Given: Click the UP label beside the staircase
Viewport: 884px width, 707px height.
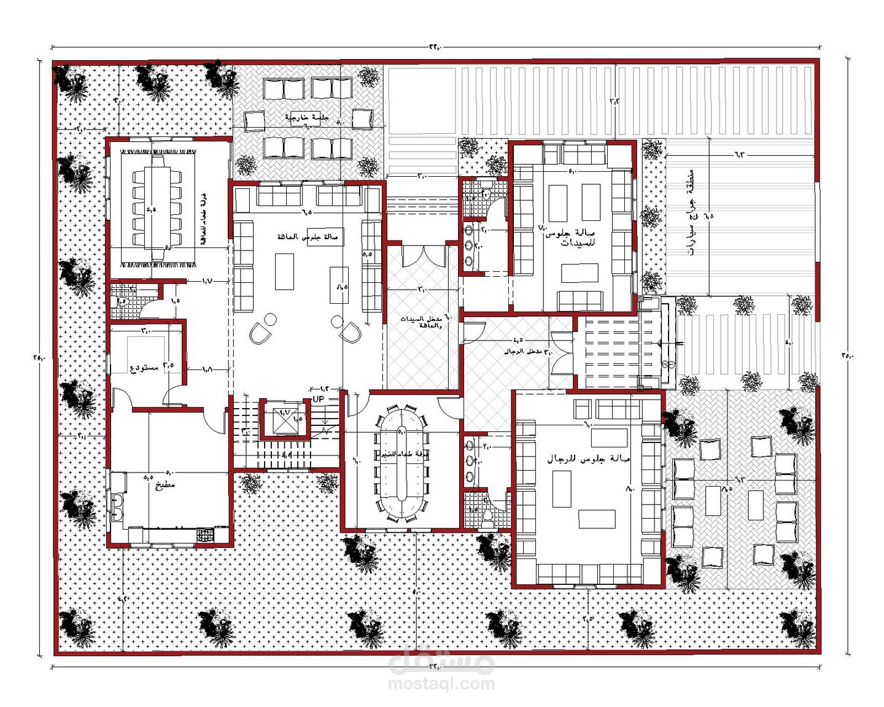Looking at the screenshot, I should [x=319, y=399].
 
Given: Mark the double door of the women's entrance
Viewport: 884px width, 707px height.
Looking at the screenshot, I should [x=424, y=255].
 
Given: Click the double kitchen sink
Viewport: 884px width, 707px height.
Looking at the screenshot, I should [x=117, y=507].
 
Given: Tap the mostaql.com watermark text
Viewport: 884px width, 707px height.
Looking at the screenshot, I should [x=441, y=684].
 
